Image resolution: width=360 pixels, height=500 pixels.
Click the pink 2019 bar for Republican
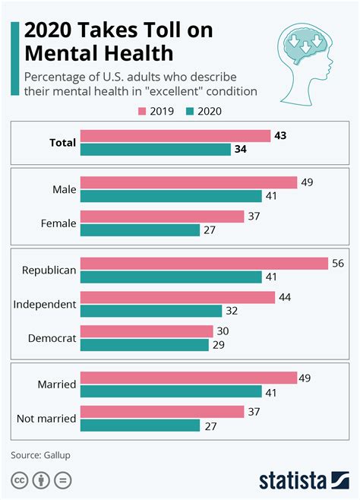(x=204, y=263)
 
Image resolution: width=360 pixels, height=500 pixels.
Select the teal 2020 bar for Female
(x=140, y=230)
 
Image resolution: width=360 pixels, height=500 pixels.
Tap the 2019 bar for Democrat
(x=147, y=331)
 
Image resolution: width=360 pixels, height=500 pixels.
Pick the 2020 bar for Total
(x=156, y=150)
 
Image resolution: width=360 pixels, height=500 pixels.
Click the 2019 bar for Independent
(x=178, y=297)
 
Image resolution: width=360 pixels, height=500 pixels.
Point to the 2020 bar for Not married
(x=140, y=426)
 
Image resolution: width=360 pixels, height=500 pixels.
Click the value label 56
(x=339, y=263)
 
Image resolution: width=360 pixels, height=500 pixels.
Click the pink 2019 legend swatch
(x=142, y=111)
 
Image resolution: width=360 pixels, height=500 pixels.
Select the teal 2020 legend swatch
(x=191, y=111)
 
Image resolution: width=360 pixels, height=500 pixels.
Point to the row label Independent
(x=45, y=304)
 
